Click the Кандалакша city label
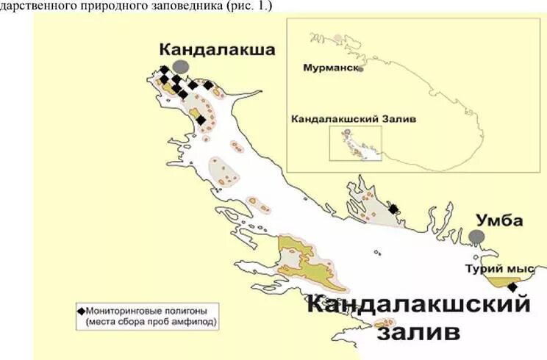pyautogui.click(x=217, y=49)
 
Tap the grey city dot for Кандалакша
pyautogui.click(x=181, y=67)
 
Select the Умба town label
pyautogui.click(x=500, y=220)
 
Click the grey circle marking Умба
pyautogui.click(x=477, y=236)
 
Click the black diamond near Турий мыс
pyautogui.click(x=512, y=287)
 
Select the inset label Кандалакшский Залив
pyautogui.click(x=344, y=118)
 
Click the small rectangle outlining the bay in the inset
pyautogui.click(x=357, y=144)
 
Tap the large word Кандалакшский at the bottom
pyautogui.click(x=418, y=303)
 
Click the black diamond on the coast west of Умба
pyautogui.click(x=393, y=209)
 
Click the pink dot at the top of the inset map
pyautogui.click(x=337, y=37)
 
